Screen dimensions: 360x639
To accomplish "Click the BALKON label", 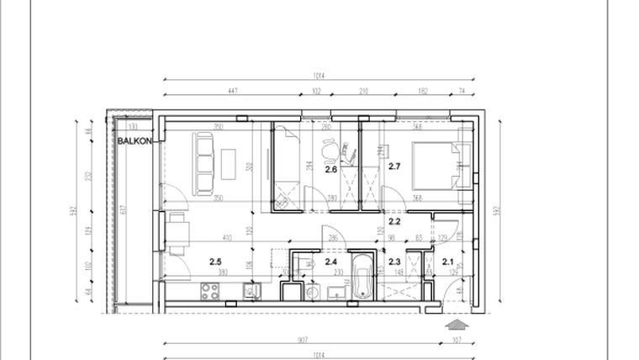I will (135, 141).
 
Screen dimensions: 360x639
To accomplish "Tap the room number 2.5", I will (215, 261).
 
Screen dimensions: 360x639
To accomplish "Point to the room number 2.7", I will (394, 167).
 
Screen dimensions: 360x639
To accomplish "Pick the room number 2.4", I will (330, 261).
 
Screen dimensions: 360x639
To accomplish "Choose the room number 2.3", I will (394, 261).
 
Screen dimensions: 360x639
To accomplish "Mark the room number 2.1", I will (447, 261).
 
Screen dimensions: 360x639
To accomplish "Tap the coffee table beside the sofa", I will (230, 162).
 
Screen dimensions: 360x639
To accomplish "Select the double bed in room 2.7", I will (436, 161).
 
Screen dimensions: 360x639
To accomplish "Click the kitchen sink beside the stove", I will (249, 292).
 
